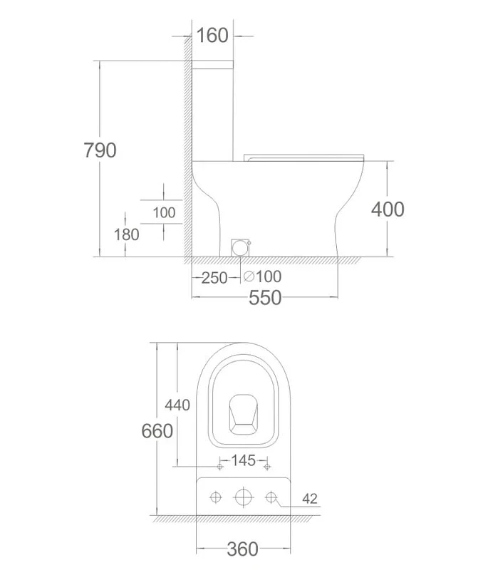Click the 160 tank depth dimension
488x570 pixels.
[x=212, y=36]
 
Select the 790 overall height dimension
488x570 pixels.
[x=100, y=150]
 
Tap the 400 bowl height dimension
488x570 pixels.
[x=388, y=209]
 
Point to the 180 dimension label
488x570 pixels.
[x=126, y=235]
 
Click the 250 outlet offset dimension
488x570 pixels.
[x=214, y=278]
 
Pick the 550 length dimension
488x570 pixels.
[x=265, y=298]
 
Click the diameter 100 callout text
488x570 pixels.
[x=263, y=276]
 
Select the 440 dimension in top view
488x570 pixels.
[x=177, y=405]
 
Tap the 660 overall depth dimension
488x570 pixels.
[x=157, y=431]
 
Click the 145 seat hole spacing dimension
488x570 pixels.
[x=243, y=460]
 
